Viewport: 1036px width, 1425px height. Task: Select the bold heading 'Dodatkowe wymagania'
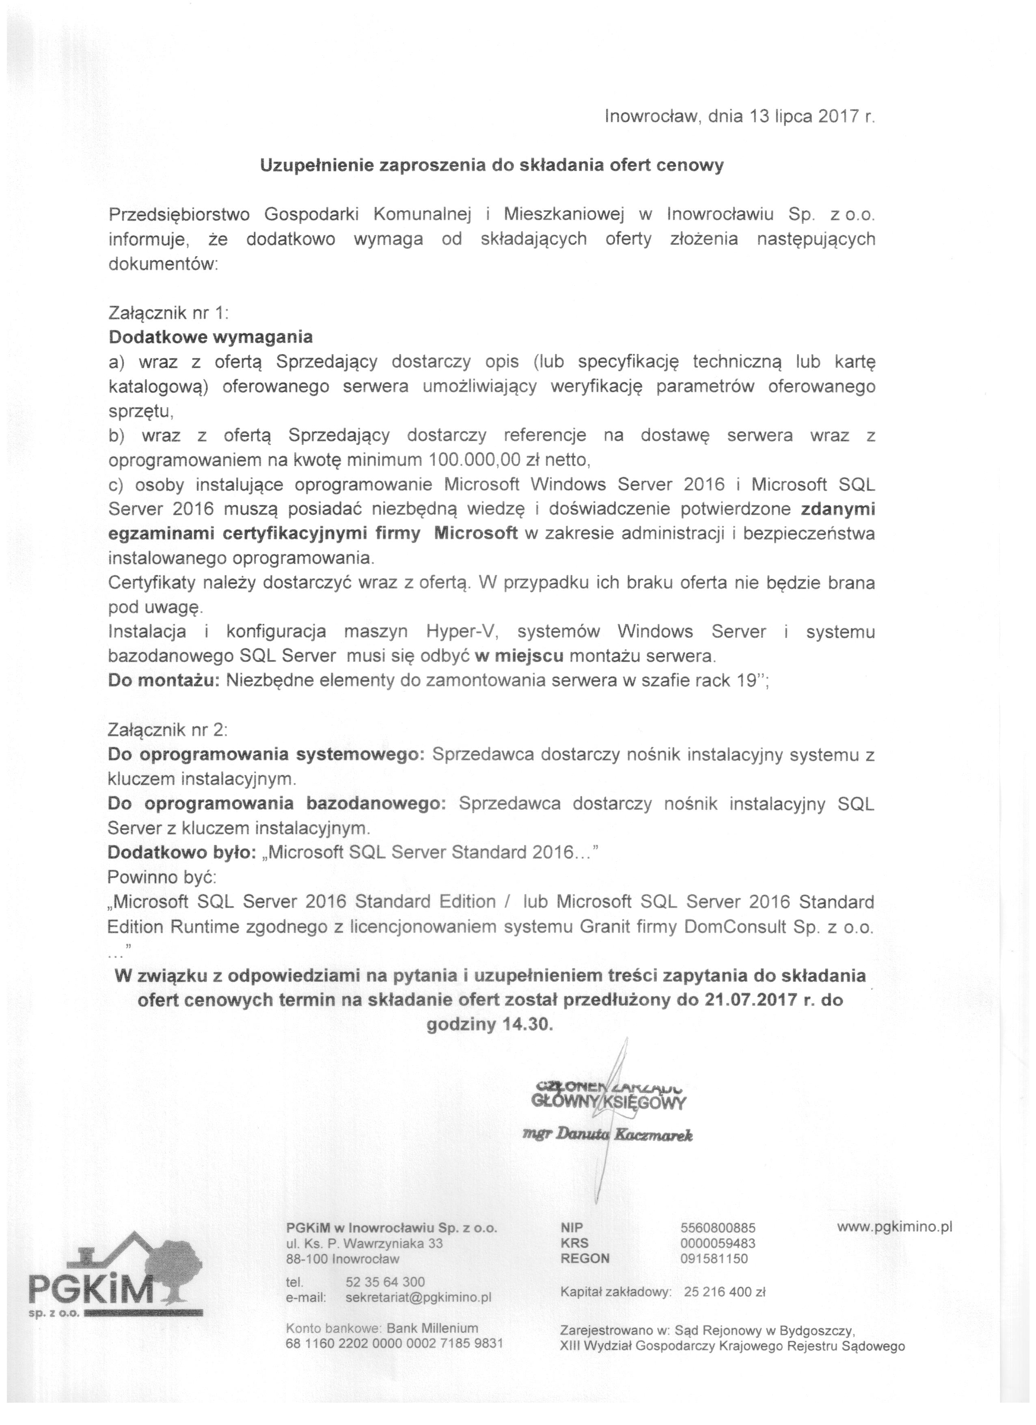(210, 337)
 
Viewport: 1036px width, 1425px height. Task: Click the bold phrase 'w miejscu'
(520, 656)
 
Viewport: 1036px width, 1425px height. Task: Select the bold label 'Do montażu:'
(163, 680)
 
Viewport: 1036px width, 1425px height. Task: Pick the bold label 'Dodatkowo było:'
(181, 853)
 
